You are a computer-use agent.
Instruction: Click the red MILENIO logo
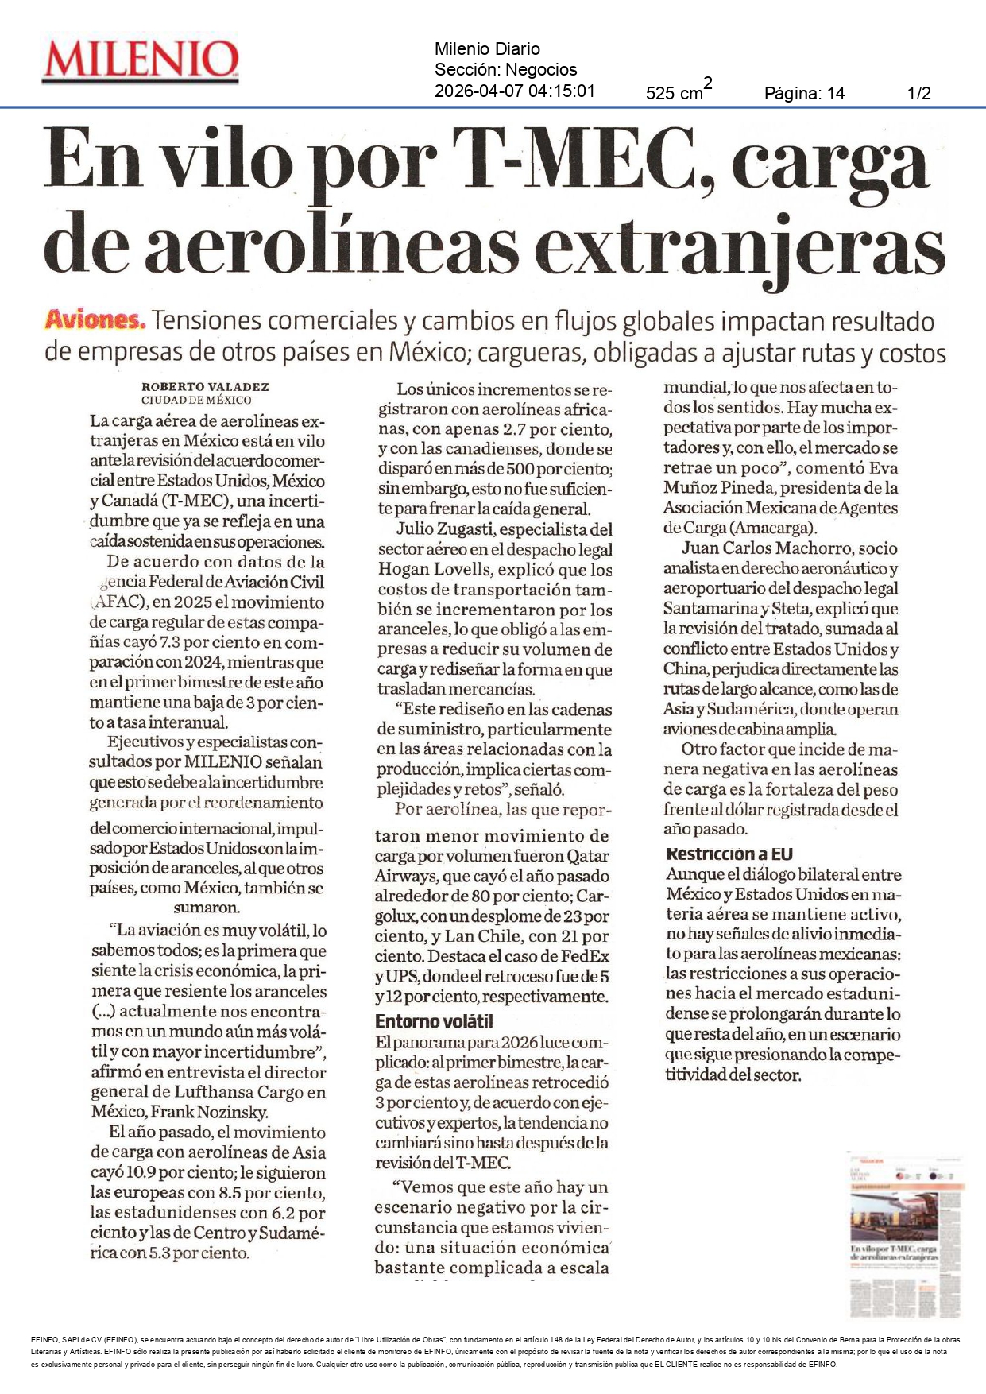pos(141,60)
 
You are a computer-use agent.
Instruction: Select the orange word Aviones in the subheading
pos(95,320)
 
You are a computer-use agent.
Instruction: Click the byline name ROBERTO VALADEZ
pos(206,387)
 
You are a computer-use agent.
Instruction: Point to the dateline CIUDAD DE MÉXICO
pos(196,401)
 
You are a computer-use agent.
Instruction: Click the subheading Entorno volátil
pos(434,1021)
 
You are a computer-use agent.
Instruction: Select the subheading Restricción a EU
pos(729,854)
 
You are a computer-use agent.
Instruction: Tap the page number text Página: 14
pos(804,94)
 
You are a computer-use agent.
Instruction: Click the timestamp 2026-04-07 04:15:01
pos(514,91)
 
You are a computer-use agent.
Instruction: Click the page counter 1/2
pos(918,94)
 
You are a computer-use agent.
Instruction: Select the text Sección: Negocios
pos(505,70)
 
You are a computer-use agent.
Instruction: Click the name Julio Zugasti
pos(446,529)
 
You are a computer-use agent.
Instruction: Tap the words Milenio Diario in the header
pos(487,49)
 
